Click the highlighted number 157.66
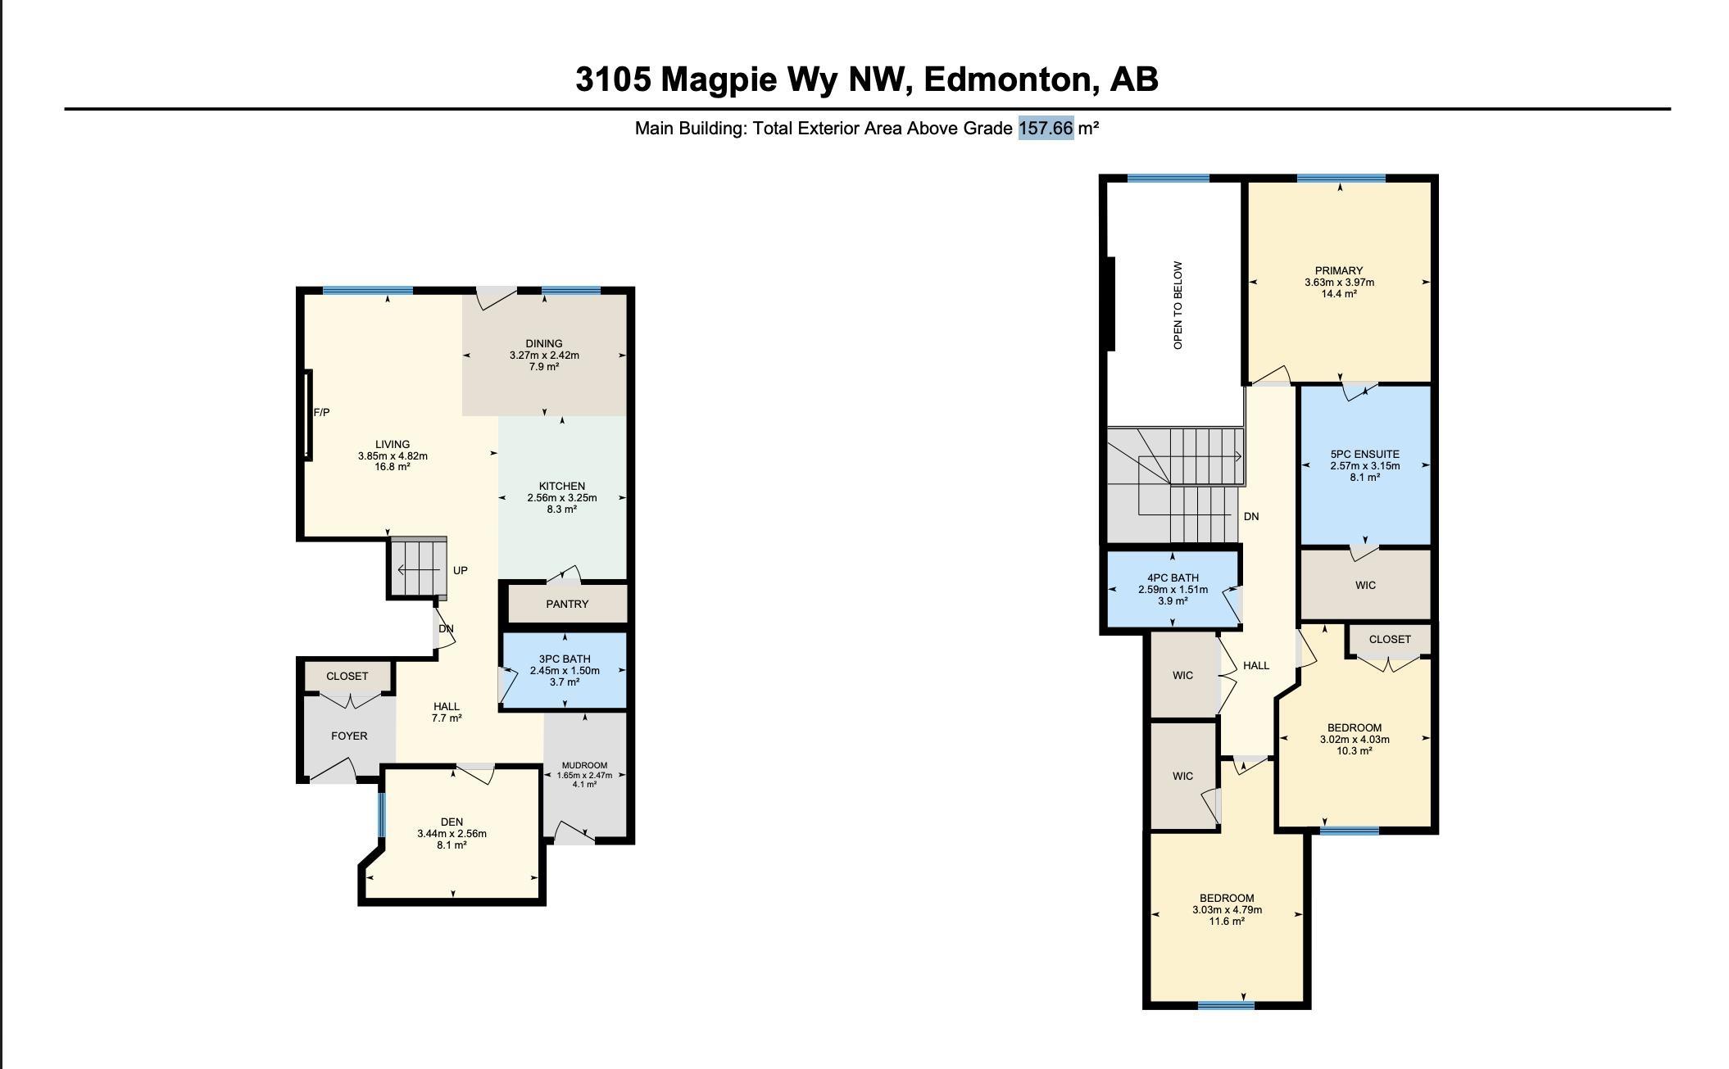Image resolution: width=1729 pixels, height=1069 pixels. coord(1046,129)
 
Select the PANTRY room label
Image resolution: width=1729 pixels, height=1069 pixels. coord(567,605)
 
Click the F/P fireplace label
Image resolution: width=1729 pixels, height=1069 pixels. coord(321,413)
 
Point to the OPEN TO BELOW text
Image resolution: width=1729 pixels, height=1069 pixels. coord(1178,306)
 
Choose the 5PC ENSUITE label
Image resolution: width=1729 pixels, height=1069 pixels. coord(1365,455)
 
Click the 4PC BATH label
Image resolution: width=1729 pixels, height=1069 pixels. coord(1173,578)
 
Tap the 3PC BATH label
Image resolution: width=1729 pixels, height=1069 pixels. coord(565,659)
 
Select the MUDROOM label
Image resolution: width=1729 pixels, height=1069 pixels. coord(584,766)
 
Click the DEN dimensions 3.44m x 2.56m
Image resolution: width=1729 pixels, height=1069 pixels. coord(452,834)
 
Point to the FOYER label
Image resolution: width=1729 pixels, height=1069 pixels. coord(349,736)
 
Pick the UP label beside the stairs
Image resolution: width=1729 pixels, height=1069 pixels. coord(461,571)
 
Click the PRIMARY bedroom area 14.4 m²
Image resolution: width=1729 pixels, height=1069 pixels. coord(1339,294)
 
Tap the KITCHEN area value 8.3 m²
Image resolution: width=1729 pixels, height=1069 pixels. coord(561,510)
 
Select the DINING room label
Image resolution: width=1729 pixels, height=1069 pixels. coord(544,344)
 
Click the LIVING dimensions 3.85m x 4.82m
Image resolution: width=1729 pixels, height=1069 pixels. coord(393,456)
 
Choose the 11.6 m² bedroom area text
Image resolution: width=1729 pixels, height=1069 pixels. coord(1227,922)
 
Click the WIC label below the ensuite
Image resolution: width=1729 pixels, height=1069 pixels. coord(1365,586)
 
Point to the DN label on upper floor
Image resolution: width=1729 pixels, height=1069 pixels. coord(1251,517)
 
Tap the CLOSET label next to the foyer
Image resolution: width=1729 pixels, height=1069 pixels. coord(347,677)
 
